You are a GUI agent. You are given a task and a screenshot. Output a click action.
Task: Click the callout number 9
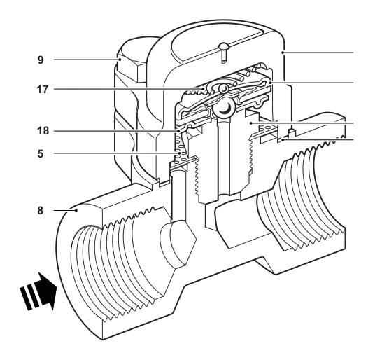(x=41, y=60)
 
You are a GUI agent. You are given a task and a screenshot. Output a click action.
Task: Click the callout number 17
(x=43, y=90)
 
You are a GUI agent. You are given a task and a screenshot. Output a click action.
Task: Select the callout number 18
(x=43, y=131)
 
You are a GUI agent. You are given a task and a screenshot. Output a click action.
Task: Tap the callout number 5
(x=41, y=153)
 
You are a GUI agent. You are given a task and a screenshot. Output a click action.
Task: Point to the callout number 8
(x=41, y=211)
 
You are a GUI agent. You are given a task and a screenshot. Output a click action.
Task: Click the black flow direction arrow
(x=38, y=291)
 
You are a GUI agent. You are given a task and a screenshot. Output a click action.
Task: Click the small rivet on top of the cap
(x=224, y=53)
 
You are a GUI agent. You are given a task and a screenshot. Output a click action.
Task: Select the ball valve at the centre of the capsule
(x=222, y=108)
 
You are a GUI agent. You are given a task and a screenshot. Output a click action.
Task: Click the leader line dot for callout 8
(x=76, y=211)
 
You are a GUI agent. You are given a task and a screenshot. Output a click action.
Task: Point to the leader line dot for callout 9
(x=119, y=60)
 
